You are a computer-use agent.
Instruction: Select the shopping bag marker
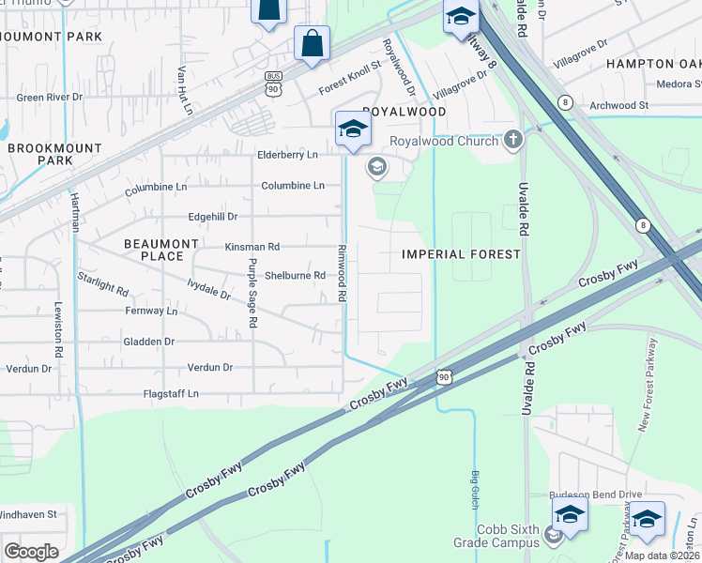click(x=312, y=44)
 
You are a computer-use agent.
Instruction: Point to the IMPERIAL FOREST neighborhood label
click(x=461, y=254)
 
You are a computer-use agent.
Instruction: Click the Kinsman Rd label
click(x=252, y=247)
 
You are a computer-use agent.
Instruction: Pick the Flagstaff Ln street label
click(x=171, y=394)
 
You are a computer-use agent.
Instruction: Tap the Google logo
click(x=30, y=552)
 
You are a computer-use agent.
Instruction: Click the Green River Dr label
click(x=50, y=97)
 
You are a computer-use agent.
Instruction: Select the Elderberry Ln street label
click(x=287, y=155)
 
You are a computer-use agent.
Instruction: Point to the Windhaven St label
click(x=28, y=514)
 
